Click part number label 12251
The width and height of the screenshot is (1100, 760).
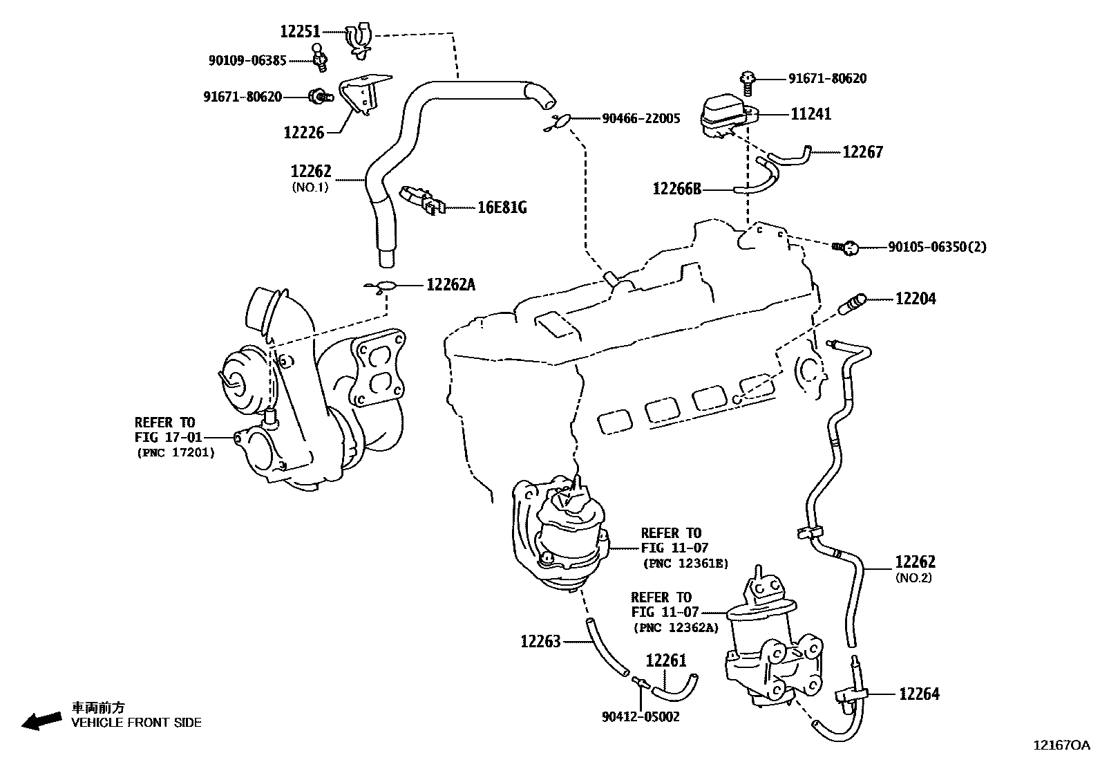(301, 31)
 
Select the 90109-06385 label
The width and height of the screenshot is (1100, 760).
(247, 61)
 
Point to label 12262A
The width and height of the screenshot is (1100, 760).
(451, 284)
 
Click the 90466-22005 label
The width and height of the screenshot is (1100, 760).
(641, 118)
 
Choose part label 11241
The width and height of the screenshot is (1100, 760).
(810, 114)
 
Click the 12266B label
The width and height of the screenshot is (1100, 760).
(677, 188)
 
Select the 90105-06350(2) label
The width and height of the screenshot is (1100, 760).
(937, 247)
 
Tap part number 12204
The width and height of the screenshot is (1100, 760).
(916, 299)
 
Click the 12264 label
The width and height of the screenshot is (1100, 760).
(919, 694)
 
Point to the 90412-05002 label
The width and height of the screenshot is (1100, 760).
(640, 717)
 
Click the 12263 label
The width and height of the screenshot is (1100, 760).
(540, 641)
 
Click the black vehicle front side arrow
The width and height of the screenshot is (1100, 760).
(40, 721)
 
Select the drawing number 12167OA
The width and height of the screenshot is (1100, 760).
(1061, 745)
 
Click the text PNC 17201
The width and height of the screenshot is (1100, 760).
(175, 452)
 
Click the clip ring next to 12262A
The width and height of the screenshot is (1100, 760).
(384, 286)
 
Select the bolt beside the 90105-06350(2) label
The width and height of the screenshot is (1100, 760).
(847, 246)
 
